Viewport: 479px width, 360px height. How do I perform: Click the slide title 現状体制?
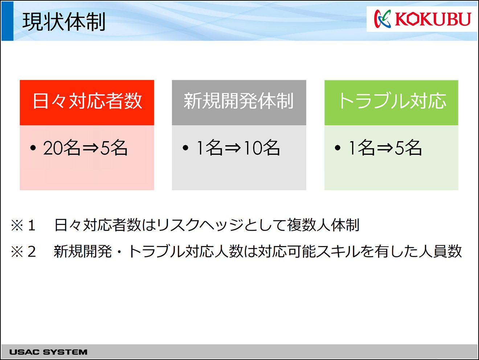pos(64,21)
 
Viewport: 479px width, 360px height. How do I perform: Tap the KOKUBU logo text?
pos(433,19)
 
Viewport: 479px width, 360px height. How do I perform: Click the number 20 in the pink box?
pos(52,148)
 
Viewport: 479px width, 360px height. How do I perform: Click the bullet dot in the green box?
pos(337,148)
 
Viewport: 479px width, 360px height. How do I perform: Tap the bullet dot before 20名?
pos(33,148)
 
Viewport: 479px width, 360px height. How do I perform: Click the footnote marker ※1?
pos(23,225)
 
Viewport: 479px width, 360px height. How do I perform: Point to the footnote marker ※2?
pos(23,251)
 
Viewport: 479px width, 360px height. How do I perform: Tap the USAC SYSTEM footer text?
pos(48,352)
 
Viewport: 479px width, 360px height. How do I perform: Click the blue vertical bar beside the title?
pos(7,21)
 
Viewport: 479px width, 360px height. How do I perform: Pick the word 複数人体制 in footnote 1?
pos(323,225)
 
